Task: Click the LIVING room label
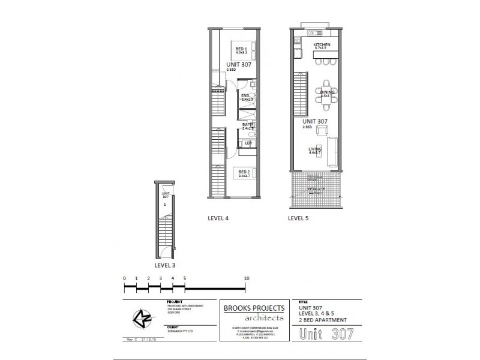[x=315, y=149]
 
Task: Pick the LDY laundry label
[x=247, y=143]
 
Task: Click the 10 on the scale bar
[x=246, y=279]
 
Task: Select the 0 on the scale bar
[x=124, y=279]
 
